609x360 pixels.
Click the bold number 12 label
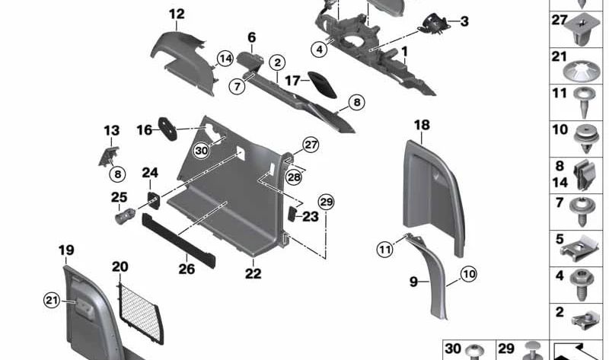pos(177,14)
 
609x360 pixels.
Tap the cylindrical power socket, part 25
pos(125,217)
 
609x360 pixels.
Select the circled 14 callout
pos(224,59)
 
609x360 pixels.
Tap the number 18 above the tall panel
pos(422,125)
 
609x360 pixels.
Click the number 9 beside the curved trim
pos(414,282)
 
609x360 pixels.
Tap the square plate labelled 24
pos(151,201)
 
